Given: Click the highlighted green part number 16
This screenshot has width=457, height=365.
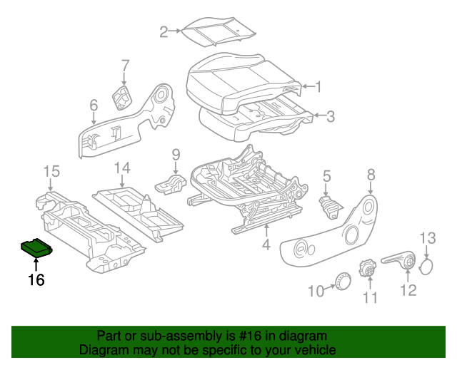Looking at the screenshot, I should (36, 247).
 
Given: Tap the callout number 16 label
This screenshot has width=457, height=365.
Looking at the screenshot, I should (36, 280).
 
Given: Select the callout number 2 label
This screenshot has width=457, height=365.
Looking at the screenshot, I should (164, 31).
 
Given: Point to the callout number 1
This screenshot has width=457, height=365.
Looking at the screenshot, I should (318, 88).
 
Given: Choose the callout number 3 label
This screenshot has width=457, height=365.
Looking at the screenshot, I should (330, 115).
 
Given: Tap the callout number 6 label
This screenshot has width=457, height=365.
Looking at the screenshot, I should (94, 106).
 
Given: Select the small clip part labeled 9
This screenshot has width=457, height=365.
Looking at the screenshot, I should (171, 182).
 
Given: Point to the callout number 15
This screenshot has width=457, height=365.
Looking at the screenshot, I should (49, 170).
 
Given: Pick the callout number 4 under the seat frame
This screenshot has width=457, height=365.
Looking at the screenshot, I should (266, 247).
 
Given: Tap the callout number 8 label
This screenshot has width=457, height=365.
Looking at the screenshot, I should (371, 174).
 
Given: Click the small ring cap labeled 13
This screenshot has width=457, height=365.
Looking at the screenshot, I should (427, 267).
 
